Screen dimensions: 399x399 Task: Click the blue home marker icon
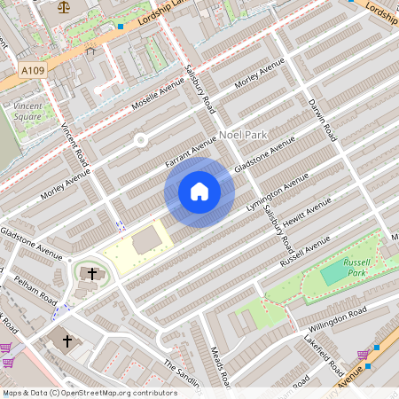point(199,191)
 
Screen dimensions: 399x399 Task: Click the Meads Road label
point(223,367)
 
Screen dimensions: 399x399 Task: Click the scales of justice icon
point(63,6)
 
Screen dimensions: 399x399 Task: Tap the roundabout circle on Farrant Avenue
point(140,140)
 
